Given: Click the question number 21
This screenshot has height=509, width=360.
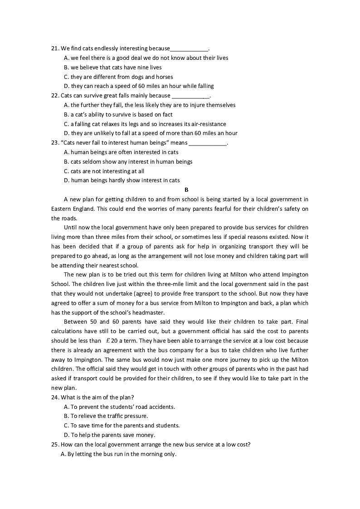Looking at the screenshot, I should tap(55, 48).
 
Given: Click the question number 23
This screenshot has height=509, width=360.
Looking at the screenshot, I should tap(55, 143).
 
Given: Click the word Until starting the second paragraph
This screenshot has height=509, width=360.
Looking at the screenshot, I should tap(72, 228).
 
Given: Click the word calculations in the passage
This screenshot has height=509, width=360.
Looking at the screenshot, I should tap(68, 331).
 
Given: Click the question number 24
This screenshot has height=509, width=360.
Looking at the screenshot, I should tap(55, 398).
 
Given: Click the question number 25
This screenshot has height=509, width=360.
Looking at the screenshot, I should tap(55, 445).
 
